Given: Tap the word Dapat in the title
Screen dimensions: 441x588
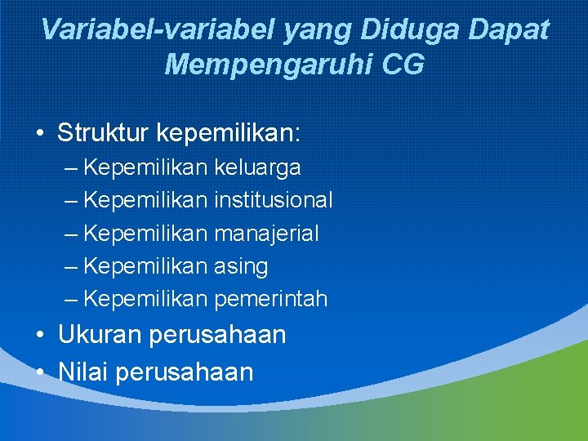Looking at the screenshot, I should click(508, 30).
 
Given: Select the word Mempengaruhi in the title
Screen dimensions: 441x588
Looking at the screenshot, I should click(269, 65).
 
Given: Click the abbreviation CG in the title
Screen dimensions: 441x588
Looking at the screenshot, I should click(402, 65).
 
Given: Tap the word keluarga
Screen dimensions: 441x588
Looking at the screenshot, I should click(257, 168).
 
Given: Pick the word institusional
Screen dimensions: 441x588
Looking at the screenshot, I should click(273, 200).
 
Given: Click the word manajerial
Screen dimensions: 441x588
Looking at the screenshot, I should click(266, 234).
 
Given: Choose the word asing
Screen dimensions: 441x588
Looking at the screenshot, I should click(241, 267).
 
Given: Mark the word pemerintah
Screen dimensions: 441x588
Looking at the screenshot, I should click(270, 300).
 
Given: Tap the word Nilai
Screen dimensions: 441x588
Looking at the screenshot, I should click(84, 372).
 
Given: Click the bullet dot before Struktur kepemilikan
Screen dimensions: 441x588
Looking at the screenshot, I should click(40, 133).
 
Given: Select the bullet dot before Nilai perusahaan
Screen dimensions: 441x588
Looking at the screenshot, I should click(40, 372).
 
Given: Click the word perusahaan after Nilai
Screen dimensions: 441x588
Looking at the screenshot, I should click(185, 373).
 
